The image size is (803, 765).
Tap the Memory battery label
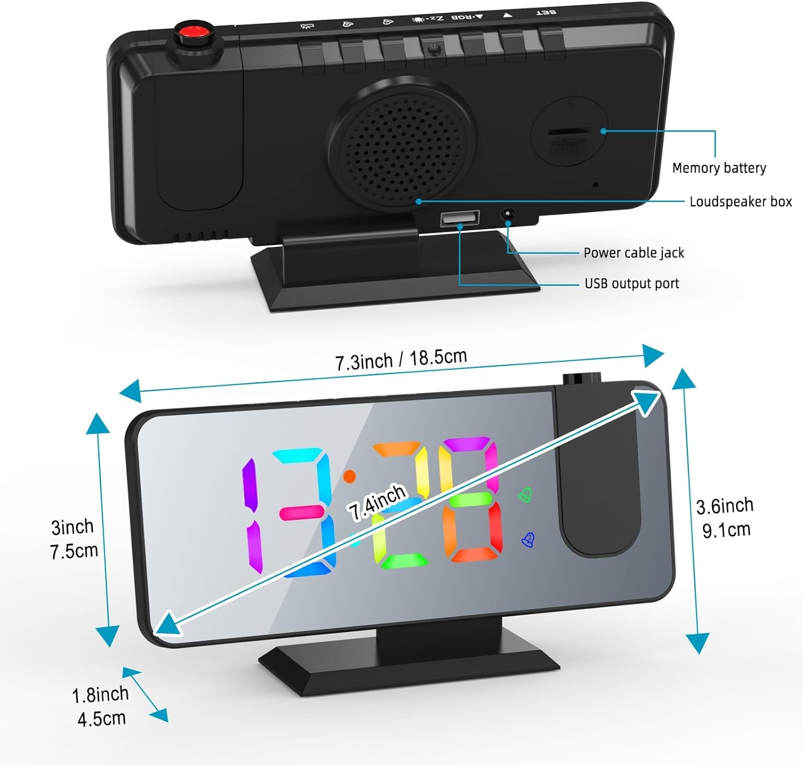click(x=719, y=168)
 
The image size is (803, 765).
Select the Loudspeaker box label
click(x=740, y=202)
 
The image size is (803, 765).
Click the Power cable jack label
click(x=634, y=253)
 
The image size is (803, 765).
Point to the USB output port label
click(x=632, y=284)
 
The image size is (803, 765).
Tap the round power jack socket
click(x=506, y=214)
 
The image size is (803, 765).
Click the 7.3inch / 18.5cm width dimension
click(x=401, y=359)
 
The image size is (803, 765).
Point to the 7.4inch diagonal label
click(x=377, y=501)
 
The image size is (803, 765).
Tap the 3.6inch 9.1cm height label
click(x=725, y=517)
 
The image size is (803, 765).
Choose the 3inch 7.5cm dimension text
click(x=73, y=539)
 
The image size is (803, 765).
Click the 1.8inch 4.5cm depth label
click(x=101, y=706)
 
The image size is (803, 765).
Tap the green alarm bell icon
click(x=526, y=495)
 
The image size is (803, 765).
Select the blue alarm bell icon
click(x=528, y=540)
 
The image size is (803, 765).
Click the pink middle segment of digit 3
click(x=301, y=513)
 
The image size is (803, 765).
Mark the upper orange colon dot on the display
click(x=349, y=476)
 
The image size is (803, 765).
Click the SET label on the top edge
click(x=546, y=12)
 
